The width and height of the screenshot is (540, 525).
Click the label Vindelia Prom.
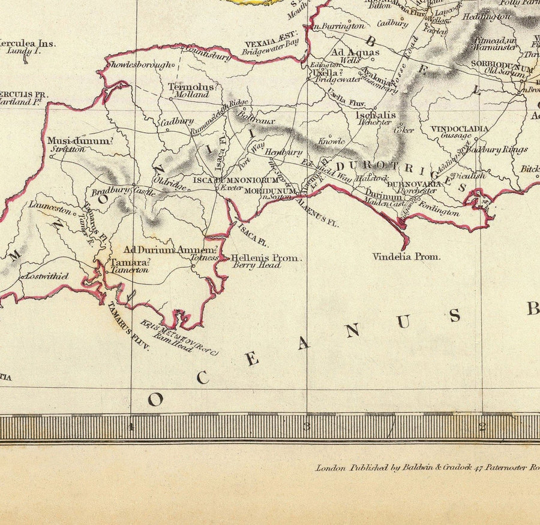coord(406,257)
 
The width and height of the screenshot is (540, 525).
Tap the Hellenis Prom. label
coord(266,258)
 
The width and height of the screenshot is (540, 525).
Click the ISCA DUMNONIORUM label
coord(236,180)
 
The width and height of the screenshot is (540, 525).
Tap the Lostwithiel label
coord(45,276)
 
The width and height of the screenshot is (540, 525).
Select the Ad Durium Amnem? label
coord(170,250)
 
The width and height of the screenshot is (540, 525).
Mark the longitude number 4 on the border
coord(130,427)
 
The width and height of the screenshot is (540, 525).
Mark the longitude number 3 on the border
coord(307,427)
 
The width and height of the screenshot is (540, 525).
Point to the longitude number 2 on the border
coord(482,427)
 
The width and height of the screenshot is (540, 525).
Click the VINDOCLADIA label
coord(459,129)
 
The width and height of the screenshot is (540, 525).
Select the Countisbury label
coord(208,58)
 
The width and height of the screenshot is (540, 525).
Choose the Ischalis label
coord(376,114)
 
